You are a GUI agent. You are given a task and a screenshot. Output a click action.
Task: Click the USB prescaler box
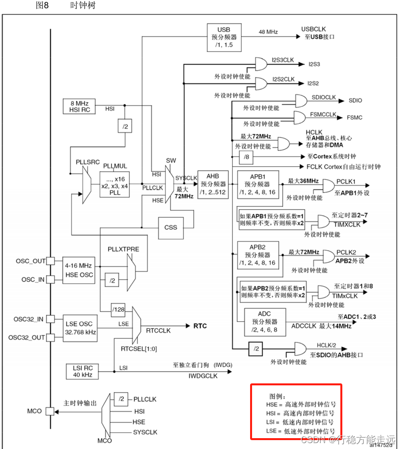223,37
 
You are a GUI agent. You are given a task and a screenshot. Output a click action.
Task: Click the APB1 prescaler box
257,184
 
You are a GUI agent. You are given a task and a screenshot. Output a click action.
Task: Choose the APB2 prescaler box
257,255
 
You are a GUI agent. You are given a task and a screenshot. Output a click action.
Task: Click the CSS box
171,227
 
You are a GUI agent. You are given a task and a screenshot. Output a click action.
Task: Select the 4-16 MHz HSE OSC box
78,270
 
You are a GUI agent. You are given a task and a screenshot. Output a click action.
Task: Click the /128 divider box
118,309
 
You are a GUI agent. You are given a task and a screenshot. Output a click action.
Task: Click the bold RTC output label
200,326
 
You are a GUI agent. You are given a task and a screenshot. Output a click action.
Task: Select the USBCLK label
314,29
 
